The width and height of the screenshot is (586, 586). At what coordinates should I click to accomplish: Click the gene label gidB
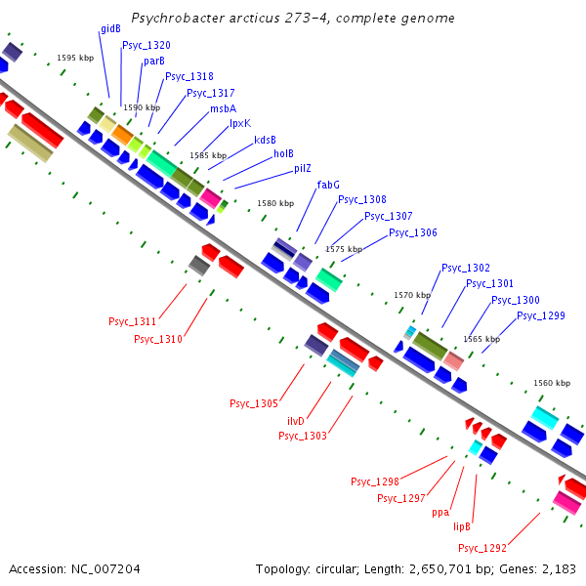[110, 29]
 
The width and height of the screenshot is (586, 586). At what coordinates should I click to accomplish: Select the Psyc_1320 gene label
[146, 45]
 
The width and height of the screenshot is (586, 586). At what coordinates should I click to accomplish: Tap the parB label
[154, 61]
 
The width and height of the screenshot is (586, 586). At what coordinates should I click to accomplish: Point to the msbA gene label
[223, 108]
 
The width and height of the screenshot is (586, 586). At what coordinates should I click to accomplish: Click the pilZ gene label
[303, 168]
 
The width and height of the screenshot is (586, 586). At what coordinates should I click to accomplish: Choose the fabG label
[328, 185]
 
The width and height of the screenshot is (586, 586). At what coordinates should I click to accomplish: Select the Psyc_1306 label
[413, 232]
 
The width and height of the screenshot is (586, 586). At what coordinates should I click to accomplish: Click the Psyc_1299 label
[541, 315]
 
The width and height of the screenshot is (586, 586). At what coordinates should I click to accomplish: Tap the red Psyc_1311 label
[132, 321]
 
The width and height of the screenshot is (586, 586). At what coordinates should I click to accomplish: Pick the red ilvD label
[296, 420]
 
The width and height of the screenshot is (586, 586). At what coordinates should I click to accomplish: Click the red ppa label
[439, 512]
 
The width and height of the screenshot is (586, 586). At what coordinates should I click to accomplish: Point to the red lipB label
[462, 525]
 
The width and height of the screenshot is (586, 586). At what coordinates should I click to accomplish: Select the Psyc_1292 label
[482, 548]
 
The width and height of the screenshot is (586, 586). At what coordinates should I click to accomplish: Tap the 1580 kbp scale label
[275, 203]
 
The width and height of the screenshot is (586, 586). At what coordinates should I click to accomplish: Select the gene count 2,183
[559, 568]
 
